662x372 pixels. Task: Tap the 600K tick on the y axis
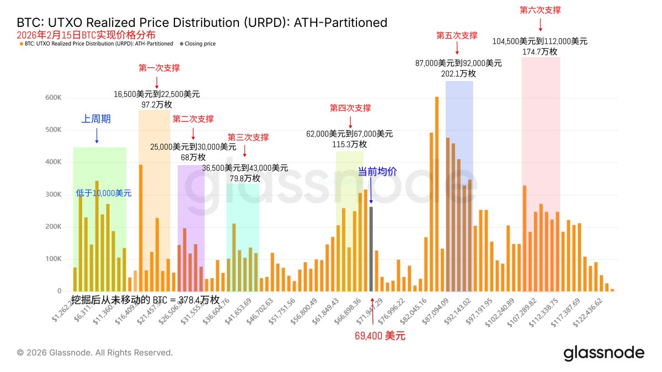tap(54, 98)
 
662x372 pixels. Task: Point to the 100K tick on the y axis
tap(54, 259)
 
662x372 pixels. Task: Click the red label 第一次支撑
tap(159, 68)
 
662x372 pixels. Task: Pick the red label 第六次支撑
tap(540, 10)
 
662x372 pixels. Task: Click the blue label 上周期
tap(97, 118)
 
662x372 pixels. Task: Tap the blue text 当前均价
tap(377, 171)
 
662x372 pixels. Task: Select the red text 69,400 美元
tap(380, 335)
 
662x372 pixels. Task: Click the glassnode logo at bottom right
tap(604, 353)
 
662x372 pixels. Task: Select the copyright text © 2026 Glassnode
tap(95, 353)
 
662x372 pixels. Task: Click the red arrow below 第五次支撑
tap(457, 48)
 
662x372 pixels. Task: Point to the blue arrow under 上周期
tap(97, 135)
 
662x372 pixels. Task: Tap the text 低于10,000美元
tap(104, 193)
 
